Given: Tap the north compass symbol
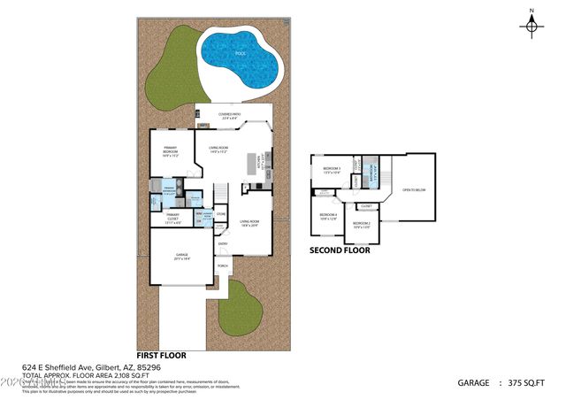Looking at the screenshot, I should click(532, 25).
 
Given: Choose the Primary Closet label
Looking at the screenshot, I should click(172, 219).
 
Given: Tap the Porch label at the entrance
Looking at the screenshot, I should click(223, 265).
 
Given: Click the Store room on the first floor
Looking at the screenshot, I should click(222, 213).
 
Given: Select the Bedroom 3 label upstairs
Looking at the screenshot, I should click(332, 169).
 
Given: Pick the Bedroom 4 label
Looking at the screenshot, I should click(328, 216).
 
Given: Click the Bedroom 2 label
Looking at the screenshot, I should click(361, 225).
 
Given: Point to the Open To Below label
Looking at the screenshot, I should click(414, 189).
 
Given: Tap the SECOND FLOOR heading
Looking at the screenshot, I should click(340, 250).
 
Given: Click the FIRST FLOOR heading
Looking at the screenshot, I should click(162, 354).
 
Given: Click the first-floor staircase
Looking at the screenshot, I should click(221, 195).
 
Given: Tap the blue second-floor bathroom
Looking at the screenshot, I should click(372, 173).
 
